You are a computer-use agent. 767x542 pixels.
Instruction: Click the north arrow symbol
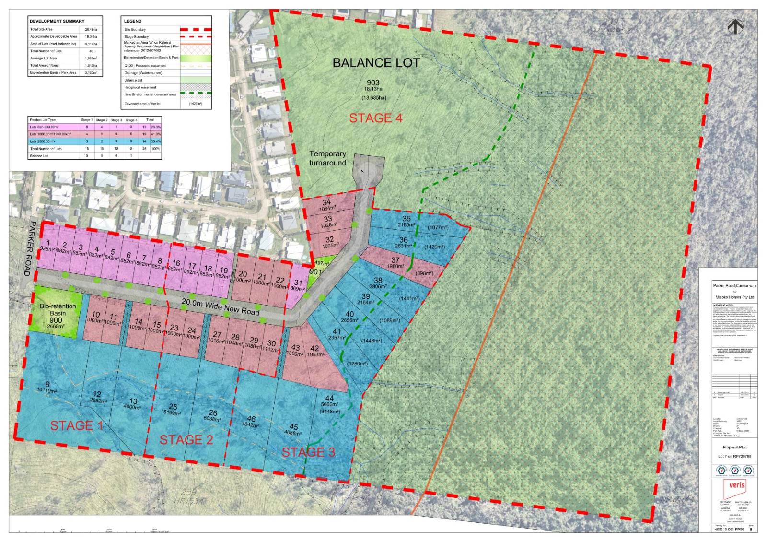tap(735, 27)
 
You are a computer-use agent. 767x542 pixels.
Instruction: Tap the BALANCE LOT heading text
tap(376, 63)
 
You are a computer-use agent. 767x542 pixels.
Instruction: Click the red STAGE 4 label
tap(375, 118)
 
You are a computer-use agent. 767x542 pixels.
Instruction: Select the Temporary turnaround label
tap(327, 158)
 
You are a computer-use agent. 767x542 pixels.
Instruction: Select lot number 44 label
tap(329, 398)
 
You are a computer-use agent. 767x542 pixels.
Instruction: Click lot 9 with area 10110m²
tap(47, 387)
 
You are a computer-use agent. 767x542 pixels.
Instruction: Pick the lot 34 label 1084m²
tap(327, 205)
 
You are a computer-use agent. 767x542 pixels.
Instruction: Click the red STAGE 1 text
tap(76, 425)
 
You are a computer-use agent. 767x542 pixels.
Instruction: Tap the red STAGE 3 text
tap(308, 452)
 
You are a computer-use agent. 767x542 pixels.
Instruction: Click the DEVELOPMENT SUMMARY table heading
tap(57, 21)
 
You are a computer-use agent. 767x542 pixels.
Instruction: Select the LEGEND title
tap(133, 21)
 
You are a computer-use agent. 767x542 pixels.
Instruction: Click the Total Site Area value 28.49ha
tap(91, 29)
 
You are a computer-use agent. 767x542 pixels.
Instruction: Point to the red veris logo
tap(736, 485)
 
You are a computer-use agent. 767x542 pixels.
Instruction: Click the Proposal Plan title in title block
tap(734, 447)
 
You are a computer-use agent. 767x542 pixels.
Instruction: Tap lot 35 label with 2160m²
tap(406, 222)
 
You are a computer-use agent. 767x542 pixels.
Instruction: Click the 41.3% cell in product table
tap(156, 134)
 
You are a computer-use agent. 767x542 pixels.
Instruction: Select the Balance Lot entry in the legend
tap(133, 80)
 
